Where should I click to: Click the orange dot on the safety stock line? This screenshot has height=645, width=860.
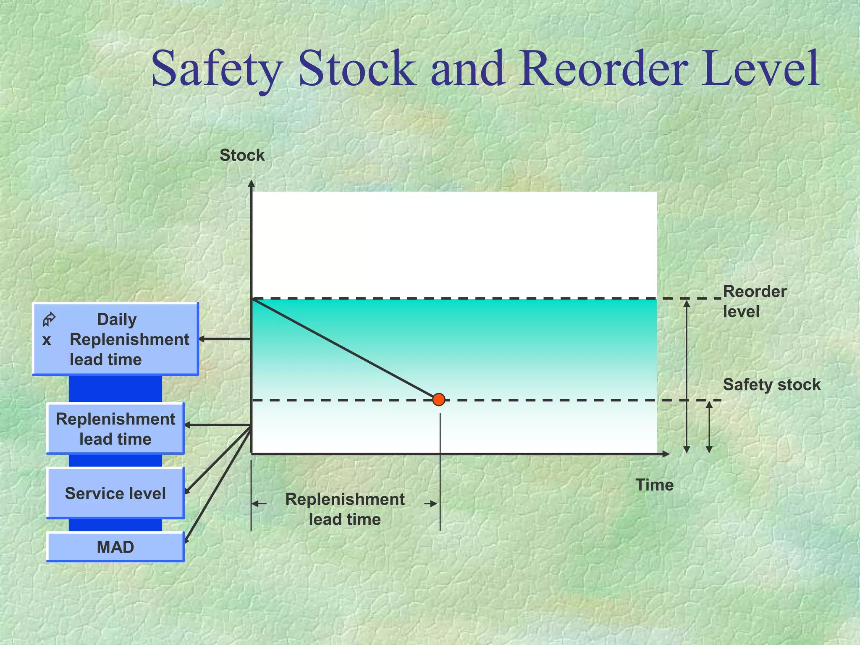point(439,399)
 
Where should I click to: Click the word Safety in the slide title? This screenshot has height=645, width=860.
point(217,68)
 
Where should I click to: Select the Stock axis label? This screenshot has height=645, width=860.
point(242,155)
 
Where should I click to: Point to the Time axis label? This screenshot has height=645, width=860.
point(654,485)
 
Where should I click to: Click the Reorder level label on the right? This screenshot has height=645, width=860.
point(754,302)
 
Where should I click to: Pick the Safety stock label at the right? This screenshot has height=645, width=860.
point(771,385)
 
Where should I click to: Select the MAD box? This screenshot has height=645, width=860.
point(115,547)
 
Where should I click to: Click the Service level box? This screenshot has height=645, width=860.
point(115,493)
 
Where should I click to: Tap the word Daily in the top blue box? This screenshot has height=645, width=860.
point(117,320)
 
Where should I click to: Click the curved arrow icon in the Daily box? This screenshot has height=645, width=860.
point(49,320)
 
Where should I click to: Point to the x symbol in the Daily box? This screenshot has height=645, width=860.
point(47,340)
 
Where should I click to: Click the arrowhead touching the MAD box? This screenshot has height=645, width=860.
point(186,540)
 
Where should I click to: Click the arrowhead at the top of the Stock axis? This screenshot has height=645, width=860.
point(251,183)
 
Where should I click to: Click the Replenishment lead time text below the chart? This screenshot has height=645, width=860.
point(345,509)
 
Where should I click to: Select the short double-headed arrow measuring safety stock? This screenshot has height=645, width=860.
point(709,427)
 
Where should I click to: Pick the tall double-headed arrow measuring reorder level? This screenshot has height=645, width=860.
point(687,376)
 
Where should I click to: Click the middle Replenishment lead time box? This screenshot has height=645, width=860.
point(115,429)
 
